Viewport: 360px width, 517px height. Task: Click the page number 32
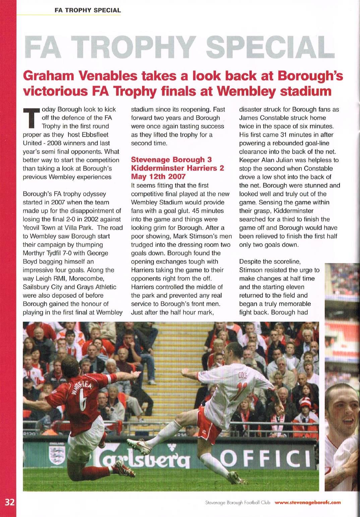9,502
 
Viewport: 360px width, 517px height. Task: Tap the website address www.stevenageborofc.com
307,503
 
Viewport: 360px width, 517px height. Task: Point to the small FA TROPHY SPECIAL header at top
87,10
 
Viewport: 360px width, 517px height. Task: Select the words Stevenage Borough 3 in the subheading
171,160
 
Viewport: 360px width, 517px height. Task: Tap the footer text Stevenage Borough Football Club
237,503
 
